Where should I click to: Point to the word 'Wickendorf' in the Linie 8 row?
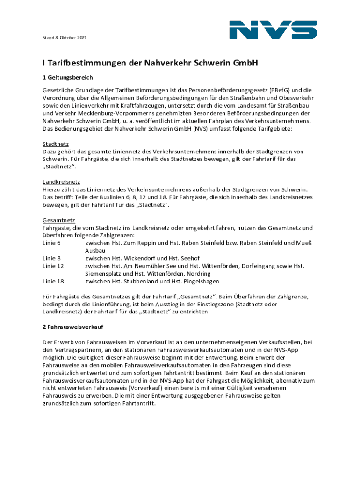pos(140,258)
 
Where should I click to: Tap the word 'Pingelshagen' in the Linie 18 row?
pos(199,281)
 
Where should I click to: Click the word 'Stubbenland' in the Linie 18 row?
pos(141,281)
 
